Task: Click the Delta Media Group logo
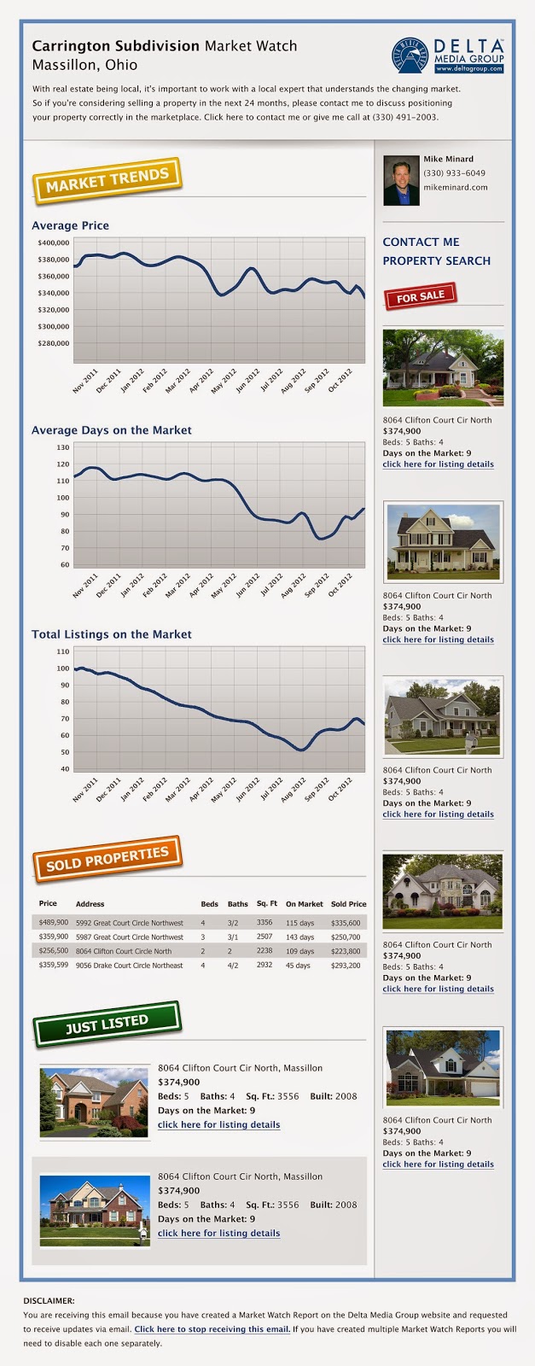click(448, 55)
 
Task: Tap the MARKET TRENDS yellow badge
click(108, 180)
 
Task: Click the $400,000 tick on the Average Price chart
click(54, 242)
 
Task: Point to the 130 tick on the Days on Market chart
click(63, 447)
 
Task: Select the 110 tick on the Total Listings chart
click(63, 651)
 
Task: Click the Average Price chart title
click(70, 225)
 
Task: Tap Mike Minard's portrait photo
click(401, 180)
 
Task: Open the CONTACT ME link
click(421, 242)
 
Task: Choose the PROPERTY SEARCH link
click(436, 260)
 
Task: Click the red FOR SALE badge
click(421, 296)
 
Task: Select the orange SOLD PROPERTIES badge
click(108, 859)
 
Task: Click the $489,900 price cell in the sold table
click(54, 922)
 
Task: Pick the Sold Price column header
click(348, 904)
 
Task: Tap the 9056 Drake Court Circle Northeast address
click(129, 966)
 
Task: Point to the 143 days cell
click(299, 937)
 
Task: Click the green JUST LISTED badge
click(108, 1024)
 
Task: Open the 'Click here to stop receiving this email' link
click(212, 1328)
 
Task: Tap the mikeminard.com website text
click(456, 187)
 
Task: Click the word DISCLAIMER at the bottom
click(49, 1301)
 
